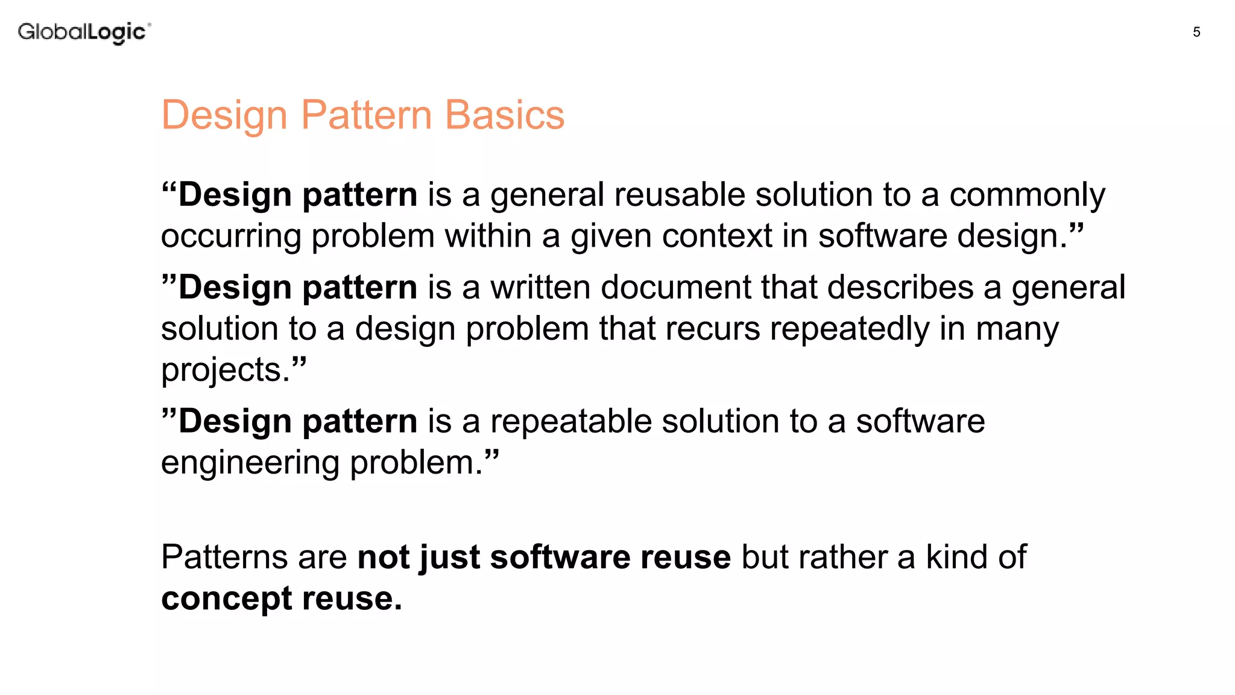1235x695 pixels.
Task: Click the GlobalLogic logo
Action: [84, 32]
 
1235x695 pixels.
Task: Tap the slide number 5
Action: [1196, 33]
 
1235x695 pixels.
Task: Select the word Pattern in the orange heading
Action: [366, 115]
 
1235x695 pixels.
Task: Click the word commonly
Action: [1027, 196]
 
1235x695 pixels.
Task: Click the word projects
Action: [226, 370]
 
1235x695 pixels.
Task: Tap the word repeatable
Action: [570, 421]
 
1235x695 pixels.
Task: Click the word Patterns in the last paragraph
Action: [224, 557]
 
